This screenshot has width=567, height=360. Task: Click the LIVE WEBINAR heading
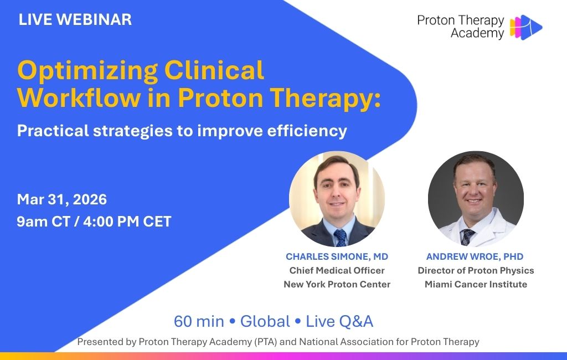click(75, 19)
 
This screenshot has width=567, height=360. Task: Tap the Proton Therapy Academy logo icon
click(526, 27)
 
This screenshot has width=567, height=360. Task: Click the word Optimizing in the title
click(87, 71)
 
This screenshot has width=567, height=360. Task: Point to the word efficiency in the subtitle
click(307, 131)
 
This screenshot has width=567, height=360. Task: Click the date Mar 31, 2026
click(62, 200)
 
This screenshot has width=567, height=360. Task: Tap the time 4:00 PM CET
click(127, 222)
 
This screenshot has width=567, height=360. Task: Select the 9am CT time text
click(43, 222)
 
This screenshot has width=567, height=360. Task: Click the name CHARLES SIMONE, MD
click(337, 256)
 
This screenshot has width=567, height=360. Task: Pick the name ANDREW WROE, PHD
click(475, 256)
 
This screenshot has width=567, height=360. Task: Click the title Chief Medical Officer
click(337, 270)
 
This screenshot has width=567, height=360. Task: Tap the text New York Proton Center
click(337, 284)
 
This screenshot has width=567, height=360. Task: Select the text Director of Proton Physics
click(476, 270)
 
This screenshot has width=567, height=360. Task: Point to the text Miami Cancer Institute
click(476, 284)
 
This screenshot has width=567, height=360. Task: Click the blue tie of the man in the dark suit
click(341, 238)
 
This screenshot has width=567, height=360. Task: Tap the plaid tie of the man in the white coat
click(466, 236)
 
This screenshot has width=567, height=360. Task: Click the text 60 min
click(199, 321)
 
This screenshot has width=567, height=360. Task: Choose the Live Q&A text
click(339, 321)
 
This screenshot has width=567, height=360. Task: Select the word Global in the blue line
click(265, 321)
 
